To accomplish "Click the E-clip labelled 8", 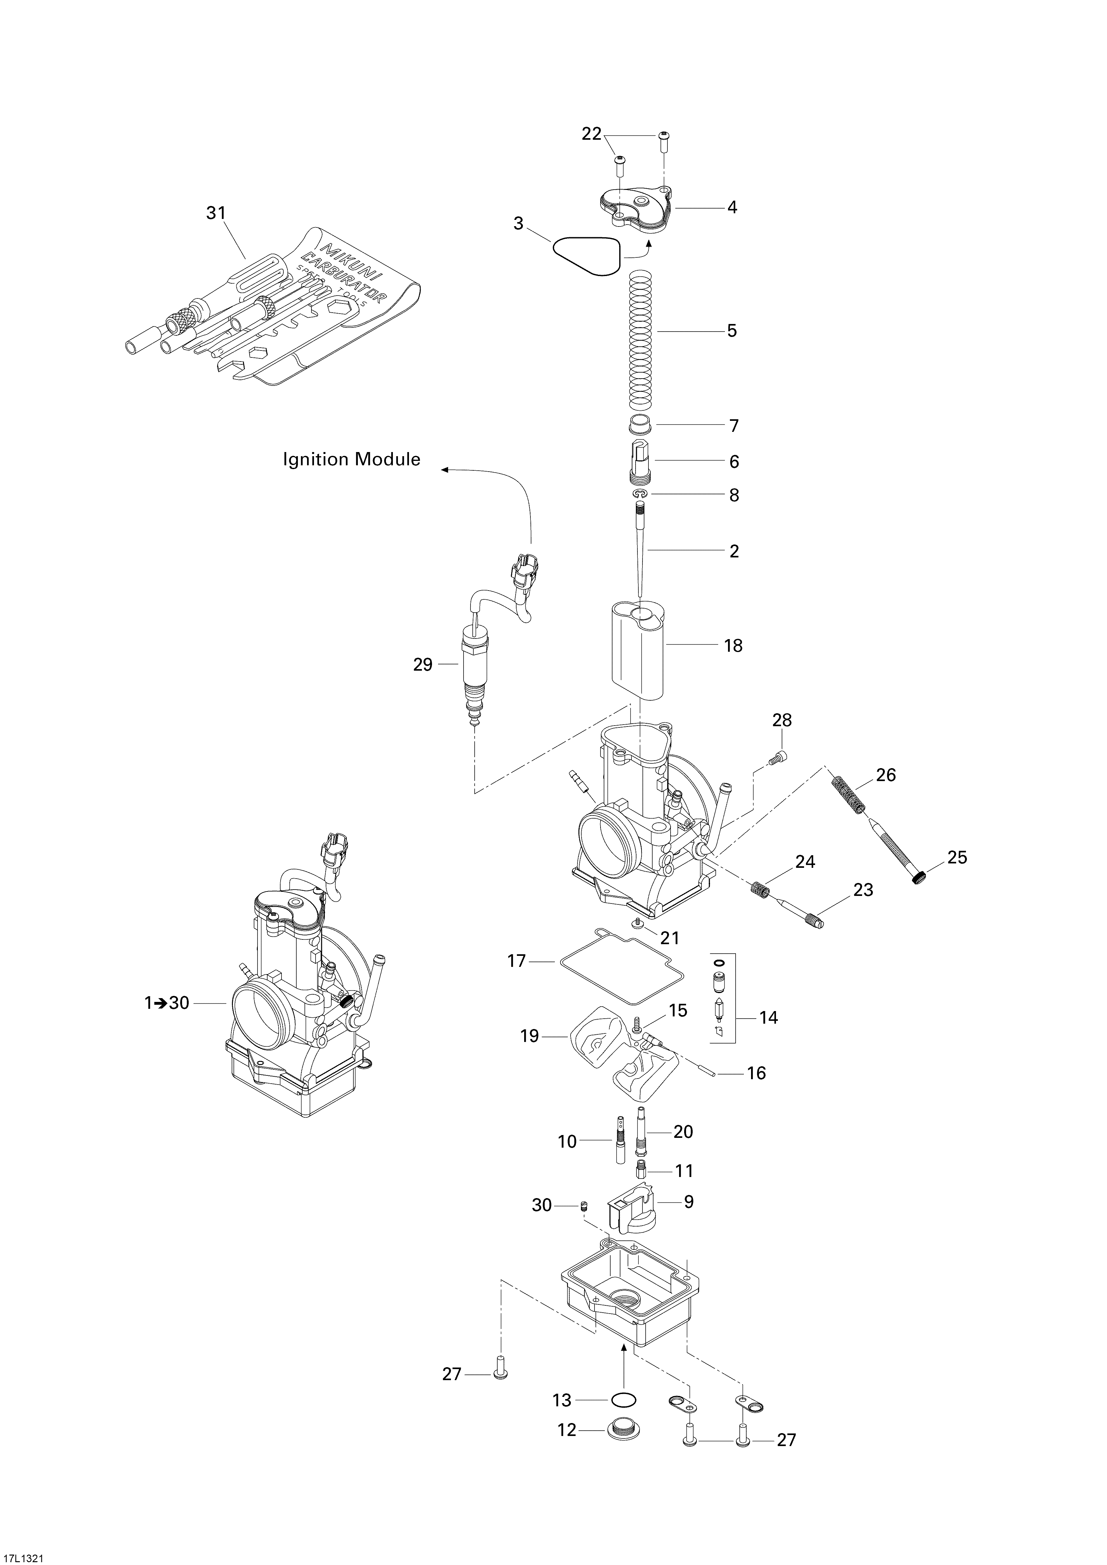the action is [639, 494].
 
